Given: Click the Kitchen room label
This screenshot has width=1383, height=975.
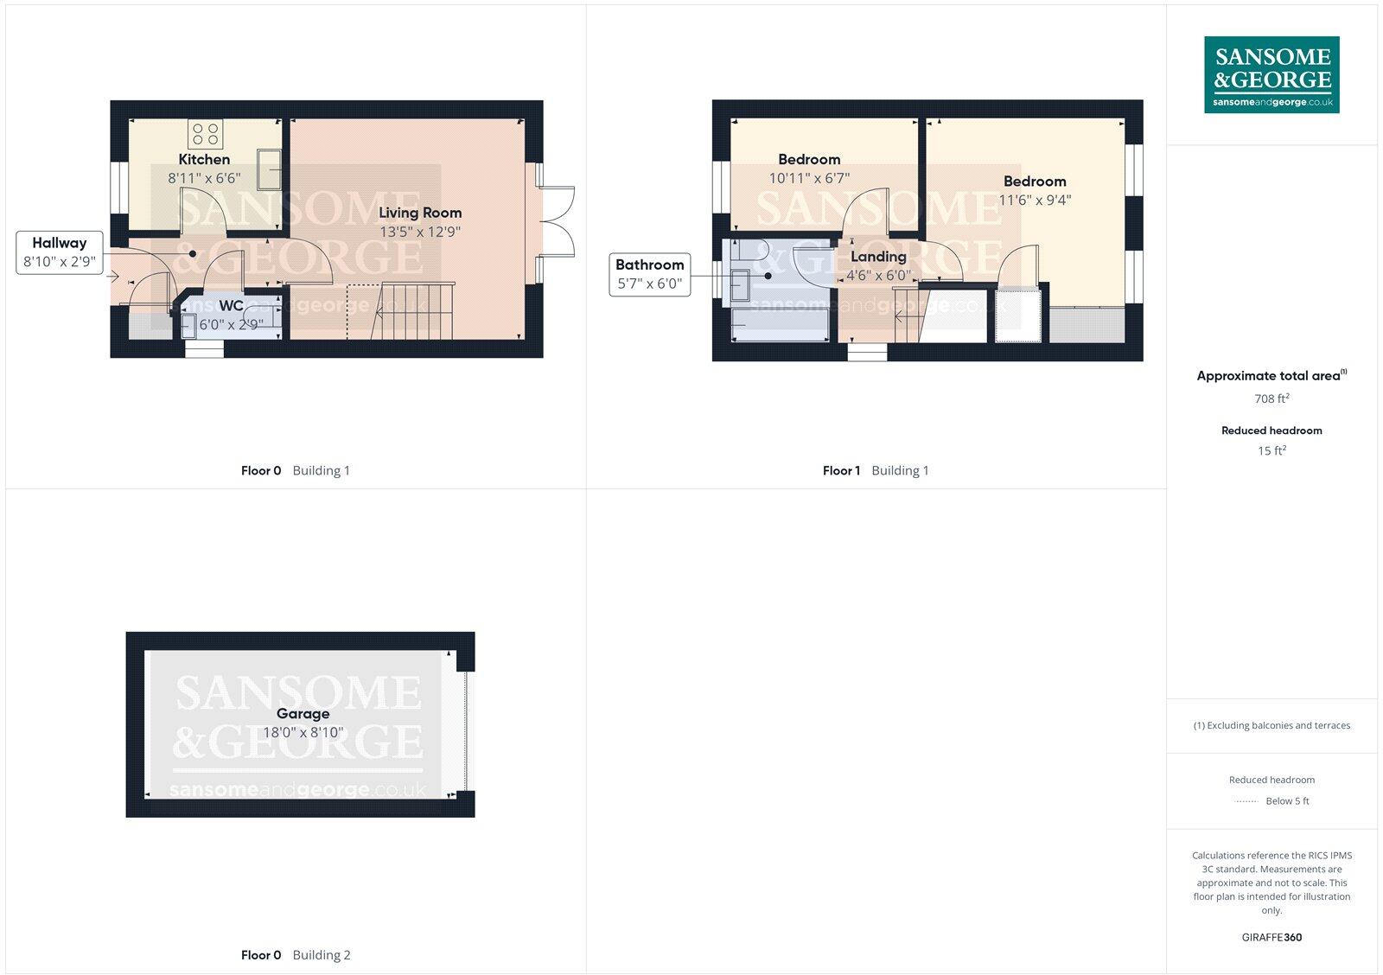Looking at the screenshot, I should coord(204,159).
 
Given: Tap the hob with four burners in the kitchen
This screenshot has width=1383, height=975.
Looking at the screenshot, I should coord(206,134).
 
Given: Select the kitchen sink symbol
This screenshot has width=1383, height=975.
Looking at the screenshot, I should coord(269,169).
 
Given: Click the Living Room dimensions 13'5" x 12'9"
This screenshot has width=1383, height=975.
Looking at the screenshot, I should coord(420,232).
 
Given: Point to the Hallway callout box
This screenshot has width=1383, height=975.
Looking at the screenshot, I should coord(59,252).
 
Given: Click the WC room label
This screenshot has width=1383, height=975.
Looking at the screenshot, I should coord(231,306).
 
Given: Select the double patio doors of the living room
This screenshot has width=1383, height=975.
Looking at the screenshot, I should coord(556,221).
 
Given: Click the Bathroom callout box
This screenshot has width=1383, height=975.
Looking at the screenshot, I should coord(649,274).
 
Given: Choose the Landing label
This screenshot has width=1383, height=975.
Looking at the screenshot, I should coord(878,257).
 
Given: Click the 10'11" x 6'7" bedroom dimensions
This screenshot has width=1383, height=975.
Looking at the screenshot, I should coord(809,178).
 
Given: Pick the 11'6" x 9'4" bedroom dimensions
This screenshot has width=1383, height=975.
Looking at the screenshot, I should coord(1035,201).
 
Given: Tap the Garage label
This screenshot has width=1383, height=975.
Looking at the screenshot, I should coord(303,714).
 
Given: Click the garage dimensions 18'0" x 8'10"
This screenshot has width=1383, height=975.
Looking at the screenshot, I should coord(303,732).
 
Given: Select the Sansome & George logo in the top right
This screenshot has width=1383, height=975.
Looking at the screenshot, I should coord(1271,74).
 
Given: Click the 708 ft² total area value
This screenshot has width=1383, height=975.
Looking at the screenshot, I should coord(1271,398).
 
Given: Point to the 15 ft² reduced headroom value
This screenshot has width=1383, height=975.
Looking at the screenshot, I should coord(1271,450).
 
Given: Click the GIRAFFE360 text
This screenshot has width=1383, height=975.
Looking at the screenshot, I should coord(1271,937).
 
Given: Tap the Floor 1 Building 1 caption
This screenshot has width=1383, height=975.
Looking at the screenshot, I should coord(875,471).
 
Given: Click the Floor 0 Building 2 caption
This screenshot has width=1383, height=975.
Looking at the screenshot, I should coord(296,955).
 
